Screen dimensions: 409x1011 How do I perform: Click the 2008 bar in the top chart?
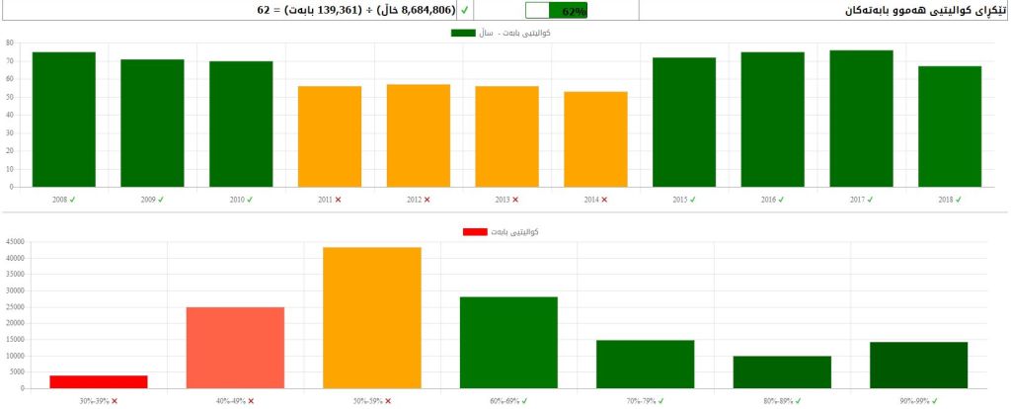tap(64, 120)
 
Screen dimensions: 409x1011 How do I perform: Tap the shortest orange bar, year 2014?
tap(595, 139)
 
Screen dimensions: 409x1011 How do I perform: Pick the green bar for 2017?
tap(861, 119)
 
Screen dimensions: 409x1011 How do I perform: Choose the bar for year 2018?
tap(950, 126)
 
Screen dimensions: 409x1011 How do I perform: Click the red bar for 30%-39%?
tap(99, 381)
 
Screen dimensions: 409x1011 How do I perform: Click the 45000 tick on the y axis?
tap(17, 242)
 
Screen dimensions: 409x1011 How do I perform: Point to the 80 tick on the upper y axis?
tap(9, 43)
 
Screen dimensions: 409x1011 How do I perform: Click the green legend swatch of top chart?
tap(463, 33)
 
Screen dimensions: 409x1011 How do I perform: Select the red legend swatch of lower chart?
tap(476, 231)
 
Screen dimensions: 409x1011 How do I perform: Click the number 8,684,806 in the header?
tap(428, 10)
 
